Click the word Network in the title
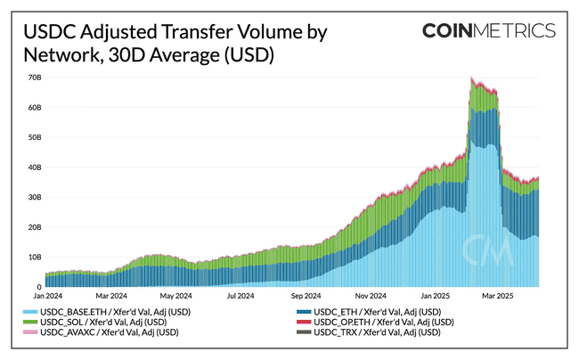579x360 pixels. (60, 54)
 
